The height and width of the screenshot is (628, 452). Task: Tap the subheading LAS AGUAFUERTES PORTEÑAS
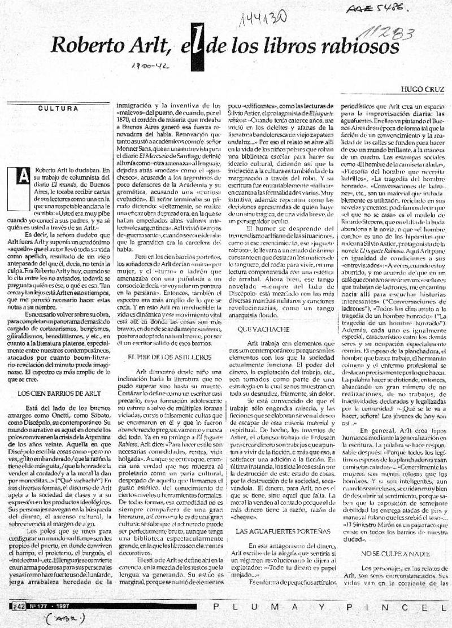(274, 531)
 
